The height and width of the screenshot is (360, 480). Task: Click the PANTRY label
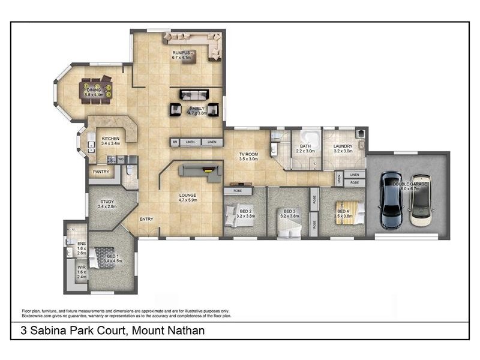tap(100, 172)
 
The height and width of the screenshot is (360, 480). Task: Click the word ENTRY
tap(146, 219)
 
